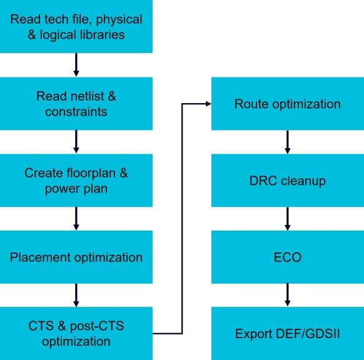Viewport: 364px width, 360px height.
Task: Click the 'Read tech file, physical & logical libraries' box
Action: (76, 26)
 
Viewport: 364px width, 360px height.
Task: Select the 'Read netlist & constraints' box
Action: (76, 104)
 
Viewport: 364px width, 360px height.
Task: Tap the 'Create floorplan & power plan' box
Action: (76, 180)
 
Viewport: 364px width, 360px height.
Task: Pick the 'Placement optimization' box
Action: (76, 257)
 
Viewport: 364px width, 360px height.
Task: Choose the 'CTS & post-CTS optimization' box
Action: (76, 334)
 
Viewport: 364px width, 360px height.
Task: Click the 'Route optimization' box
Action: (288, 104)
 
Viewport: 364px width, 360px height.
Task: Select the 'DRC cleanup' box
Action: (288, 180)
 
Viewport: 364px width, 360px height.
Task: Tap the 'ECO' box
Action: (288, 257)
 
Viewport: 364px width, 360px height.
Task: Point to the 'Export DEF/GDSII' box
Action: (288, 334)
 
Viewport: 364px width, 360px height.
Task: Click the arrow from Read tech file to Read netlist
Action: (76, 65)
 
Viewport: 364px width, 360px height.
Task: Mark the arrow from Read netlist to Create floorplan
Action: (76, 141)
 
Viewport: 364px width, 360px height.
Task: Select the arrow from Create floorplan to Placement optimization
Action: (76, 219)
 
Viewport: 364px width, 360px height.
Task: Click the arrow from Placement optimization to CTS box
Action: (76, 295)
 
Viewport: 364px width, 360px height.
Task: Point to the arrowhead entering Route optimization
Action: (208, 104)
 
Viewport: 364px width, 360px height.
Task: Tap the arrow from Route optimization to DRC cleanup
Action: (288, 142)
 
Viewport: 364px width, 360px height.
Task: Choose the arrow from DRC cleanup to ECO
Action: (288, 219)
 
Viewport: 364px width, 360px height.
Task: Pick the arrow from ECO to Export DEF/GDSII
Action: (288, 295)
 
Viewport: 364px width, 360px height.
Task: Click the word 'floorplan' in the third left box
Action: (91, 173)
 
